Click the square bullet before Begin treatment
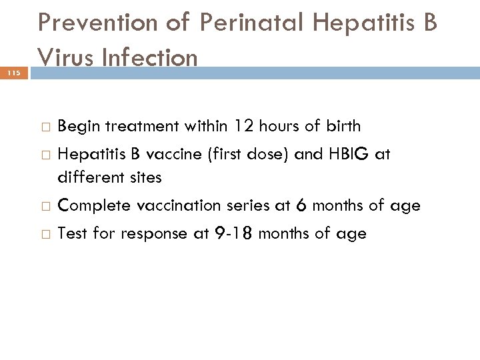(x=43, y=127)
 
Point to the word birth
(x=343, y=126)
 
